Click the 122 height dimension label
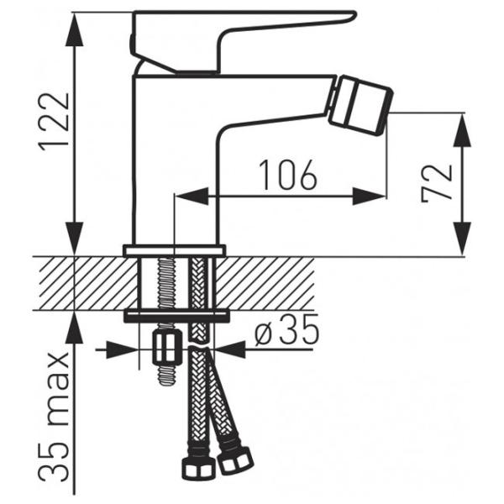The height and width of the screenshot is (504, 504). pos(54,122)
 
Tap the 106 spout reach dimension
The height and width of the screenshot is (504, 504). pos(288,176)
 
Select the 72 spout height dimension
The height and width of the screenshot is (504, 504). pos(436,183)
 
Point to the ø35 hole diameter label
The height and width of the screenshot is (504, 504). pos(286,329)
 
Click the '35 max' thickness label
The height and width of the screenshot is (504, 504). pos(54,417)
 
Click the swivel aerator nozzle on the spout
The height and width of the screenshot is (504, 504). pos(360,105)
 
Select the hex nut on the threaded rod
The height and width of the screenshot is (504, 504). pos(167,349)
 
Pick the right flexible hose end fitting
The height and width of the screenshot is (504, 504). pos(234,461)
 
